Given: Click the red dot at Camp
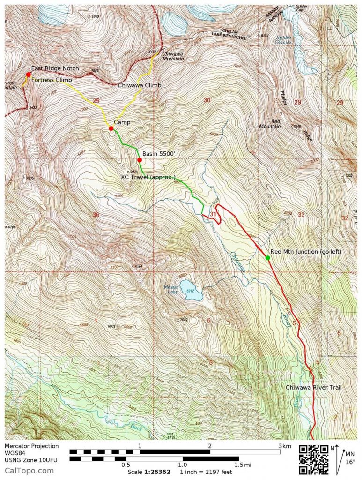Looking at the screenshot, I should coord(111,128).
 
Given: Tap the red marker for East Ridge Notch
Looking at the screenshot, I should coord(29,74).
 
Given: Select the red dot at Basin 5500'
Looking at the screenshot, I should coord(140,160).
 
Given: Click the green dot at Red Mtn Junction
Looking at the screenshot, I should coord(267,257).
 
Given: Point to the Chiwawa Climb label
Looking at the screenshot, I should coord(139,86).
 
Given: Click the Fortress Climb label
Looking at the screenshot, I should coord(52,80).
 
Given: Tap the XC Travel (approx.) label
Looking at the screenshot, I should coord(148,177).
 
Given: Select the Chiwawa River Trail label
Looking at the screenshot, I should coord(314,387).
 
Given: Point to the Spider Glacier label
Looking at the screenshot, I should coord(284,39).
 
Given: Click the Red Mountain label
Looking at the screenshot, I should coord(269,123).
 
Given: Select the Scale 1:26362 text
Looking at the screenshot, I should coord(151,472).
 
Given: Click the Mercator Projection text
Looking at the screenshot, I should coord(32,446).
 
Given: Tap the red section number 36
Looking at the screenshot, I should coord(96,215).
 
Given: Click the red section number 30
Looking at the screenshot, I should coord(207,100).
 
